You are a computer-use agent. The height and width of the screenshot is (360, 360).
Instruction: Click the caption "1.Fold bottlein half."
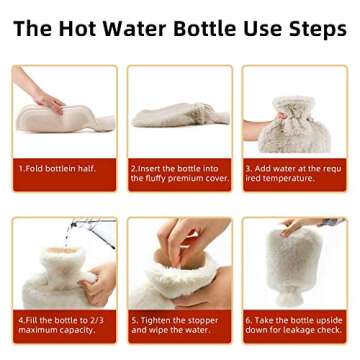tap(58, 169)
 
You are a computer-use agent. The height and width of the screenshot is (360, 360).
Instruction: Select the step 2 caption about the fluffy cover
tap(172, 174)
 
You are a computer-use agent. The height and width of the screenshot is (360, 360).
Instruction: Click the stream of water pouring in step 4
tap(67, 240)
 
